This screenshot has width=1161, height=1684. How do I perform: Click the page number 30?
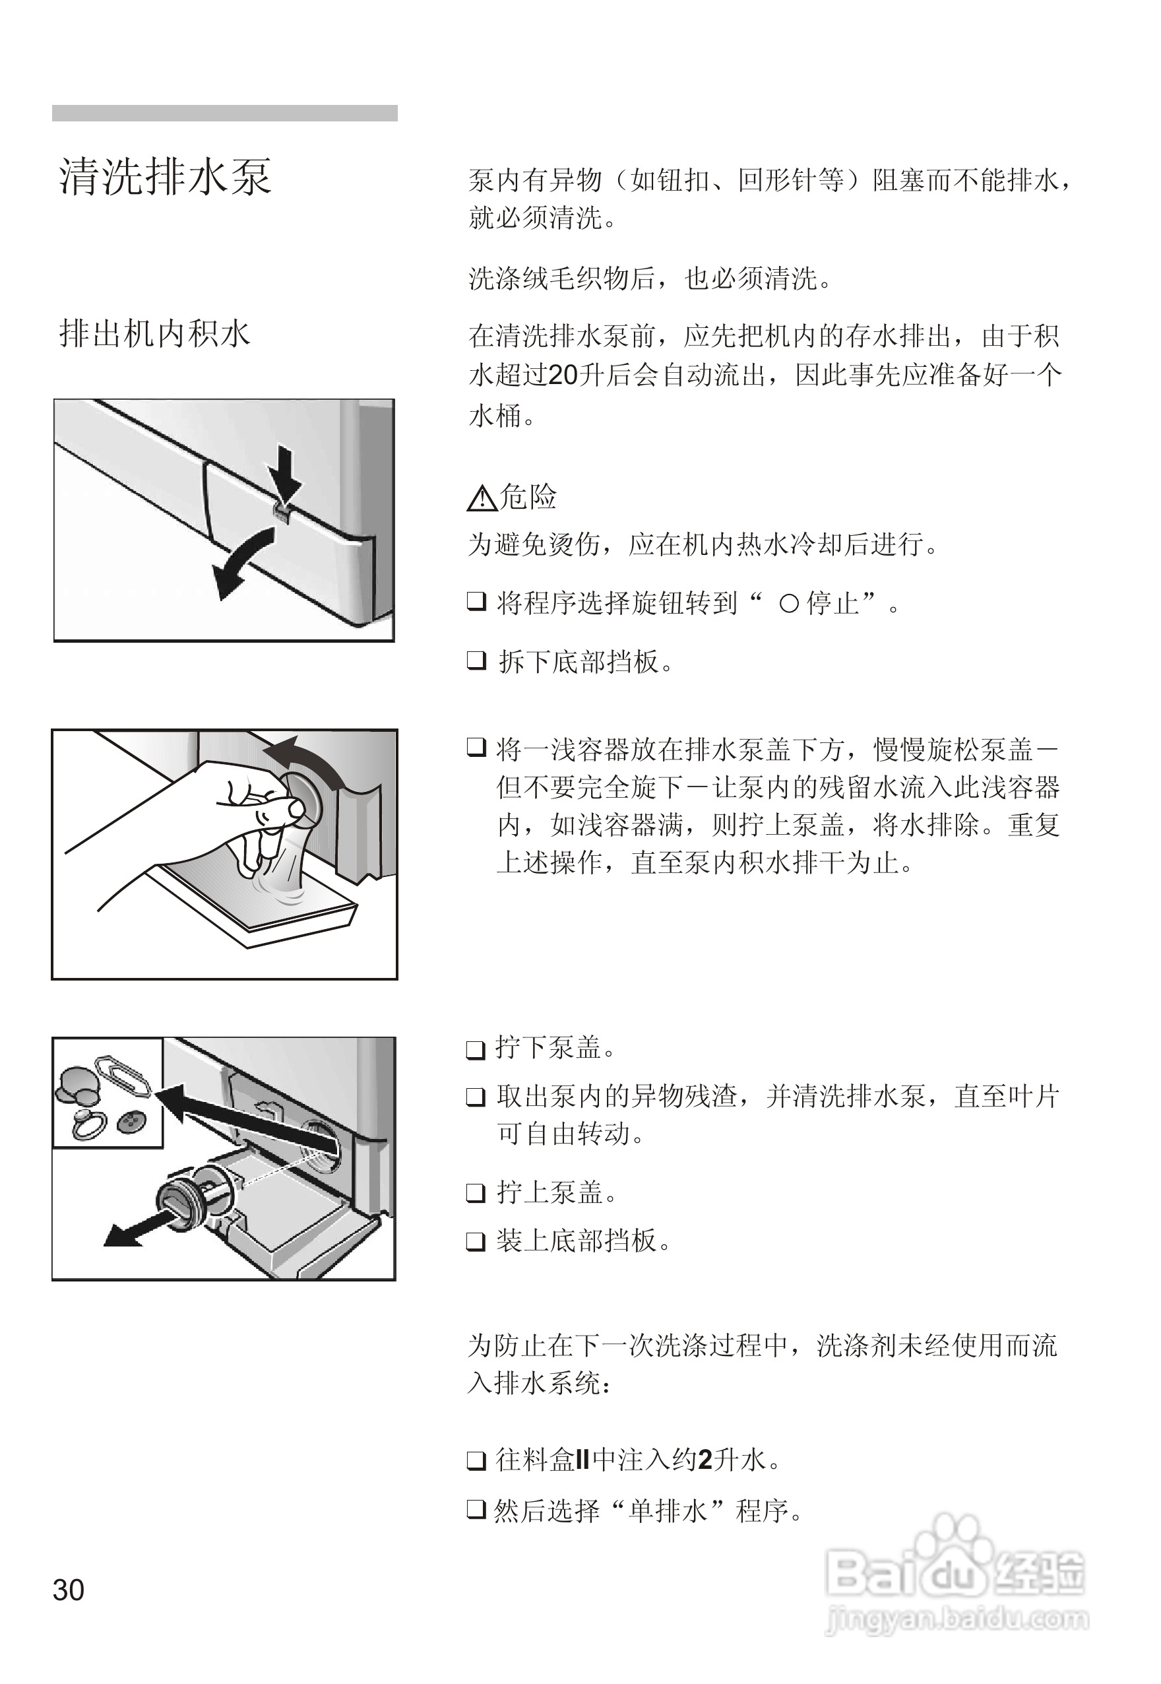pyautogui.click(x=69, y=1590)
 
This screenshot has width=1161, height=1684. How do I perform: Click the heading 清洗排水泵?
pyautogui.click(x=165, y=176)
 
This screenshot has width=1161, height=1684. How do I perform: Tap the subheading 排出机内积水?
pyautogui.click(x=154, y=334)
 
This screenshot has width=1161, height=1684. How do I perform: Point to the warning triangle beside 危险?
pyautogui.click(x=481, y=498)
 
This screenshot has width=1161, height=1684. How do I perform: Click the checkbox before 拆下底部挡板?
pyautogui.click(x=476, y=661)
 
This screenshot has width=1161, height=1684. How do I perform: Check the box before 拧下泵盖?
pyautogui.click(x=476, y=1049)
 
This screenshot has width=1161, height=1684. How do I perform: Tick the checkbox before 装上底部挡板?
pyautogui.click(x=476, y=1240)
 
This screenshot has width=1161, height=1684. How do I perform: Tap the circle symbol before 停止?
pyautogui.click(x=789, y=604)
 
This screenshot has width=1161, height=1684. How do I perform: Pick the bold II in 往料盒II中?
pyautogui.click(x=582, y=1459)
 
